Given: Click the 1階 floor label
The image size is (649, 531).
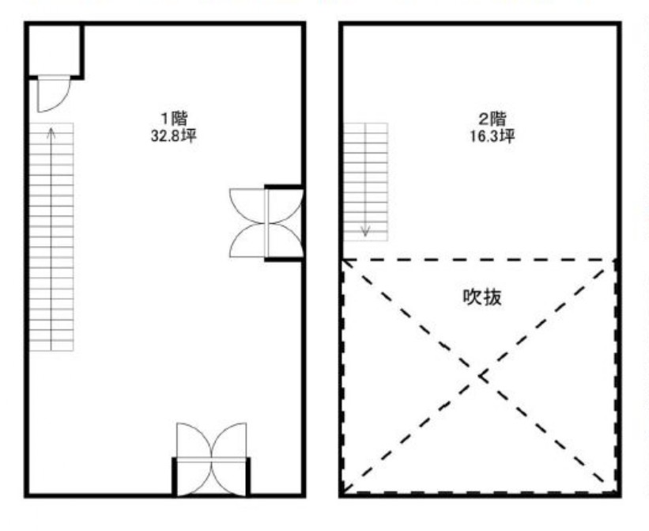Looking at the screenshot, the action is point(174,119).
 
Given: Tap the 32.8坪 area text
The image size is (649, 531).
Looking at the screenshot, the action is point(173,135).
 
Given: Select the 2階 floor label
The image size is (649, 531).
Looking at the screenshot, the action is point(492,119).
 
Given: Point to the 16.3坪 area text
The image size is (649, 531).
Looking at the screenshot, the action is point(492,136).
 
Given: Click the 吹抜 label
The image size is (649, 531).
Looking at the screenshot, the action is point(482,297).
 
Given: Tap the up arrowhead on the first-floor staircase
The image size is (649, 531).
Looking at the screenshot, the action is point(51,131).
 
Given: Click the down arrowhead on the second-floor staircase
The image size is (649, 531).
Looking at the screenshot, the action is point(365,232).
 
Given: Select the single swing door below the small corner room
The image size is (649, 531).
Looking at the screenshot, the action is point(54,94).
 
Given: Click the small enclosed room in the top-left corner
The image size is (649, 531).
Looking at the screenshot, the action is point(54,51).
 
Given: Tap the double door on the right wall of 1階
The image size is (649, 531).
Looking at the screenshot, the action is point(266,223).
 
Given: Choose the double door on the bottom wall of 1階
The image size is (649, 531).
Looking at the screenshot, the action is point(212,459).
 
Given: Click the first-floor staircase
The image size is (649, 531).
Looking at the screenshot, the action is point(51,237).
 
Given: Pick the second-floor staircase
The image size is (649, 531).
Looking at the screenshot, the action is point(365,182).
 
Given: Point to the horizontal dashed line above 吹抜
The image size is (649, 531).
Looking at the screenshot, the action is point(478,260).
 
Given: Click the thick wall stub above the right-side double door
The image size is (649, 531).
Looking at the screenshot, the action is point(284,187).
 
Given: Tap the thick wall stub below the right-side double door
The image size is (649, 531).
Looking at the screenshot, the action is point(284,260).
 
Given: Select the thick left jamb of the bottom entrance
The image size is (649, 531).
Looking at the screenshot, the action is point(174,476).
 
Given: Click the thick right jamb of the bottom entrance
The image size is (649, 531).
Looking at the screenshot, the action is point(248,476).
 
